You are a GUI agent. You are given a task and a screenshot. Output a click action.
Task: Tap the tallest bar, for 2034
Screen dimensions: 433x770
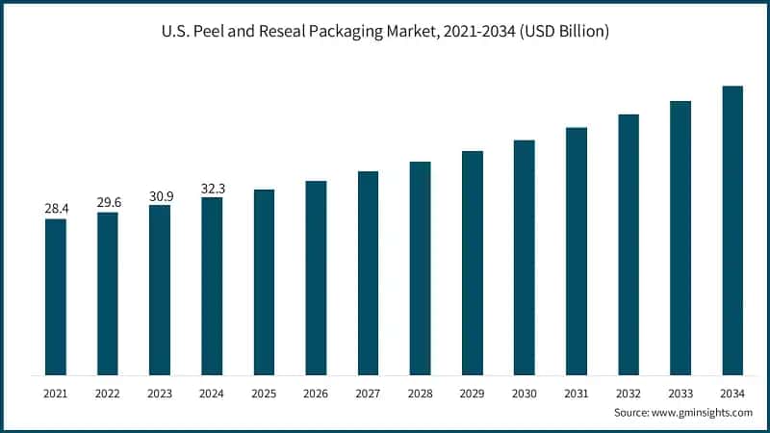pyautogui.click(x=732, y=230)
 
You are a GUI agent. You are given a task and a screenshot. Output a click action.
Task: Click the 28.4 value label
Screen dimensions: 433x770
pyautogui.click(x=56, y=209)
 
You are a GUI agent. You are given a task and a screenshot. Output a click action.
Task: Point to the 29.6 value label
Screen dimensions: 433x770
pyautogui.click(x=108, y=202)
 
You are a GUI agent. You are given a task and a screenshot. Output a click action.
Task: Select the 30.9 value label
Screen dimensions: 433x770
pyautogui.click(x=160, y=195)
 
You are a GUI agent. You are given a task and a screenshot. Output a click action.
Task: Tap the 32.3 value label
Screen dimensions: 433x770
pyautogui.click(x=212, y=188)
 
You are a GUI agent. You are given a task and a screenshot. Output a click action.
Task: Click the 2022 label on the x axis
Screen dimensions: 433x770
pyautogui.click(x=108, y=394)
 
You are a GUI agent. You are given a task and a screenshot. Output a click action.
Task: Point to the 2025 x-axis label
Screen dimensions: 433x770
pyautogui.click(x=264, y=394)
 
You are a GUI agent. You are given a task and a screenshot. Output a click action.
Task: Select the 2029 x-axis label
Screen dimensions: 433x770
pyautogui.click(x=472, y=394)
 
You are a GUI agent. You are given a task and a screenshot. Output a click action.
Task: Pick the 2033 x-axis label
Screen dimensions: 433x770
pyautogui.click(x=680, y=394)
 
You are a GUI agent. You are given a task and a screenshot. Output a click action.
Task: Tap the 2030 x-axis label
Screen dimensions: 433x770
pyautogui.click(x=524, y=394)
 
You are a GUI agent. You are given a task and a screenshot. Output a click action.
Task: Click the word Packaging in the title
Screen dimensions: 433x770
pyautogui.click(x=351, y=33)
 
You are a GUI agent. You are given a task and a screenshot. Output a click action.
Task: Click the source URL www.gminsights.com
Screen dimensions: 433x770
pyautogui.click(x=704, y=412)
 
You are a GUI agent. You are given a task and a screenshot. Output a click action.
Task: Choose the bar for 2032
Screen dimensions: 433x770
pyautogui.click(x=629, y=244)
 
